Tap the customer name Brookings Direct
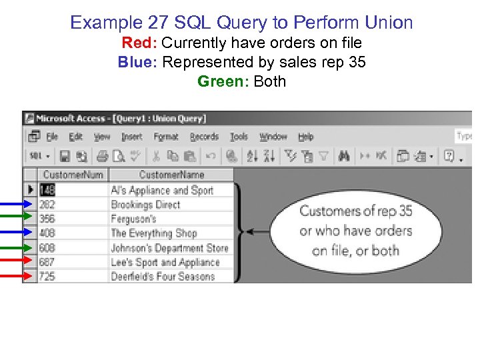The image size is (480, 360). point(145,205)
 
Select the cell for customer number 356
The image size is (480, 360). point(47,219)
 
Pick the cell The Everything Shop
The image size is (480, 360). point(153,233)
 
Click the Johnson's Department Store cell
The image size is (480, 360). point(169,248)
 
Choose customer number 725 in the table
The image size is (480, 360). point(47,276)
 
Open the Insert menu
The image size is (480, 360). point(132,137)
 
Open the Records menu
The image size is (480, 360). point(204,137)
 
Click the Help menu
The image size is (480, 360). point(305,137)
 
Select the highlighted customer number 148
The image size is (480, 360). point(47,190)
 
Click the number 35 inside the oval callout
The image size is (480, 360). point(405,211)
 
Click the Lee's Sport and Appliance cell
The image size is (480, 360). point(165,262)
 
